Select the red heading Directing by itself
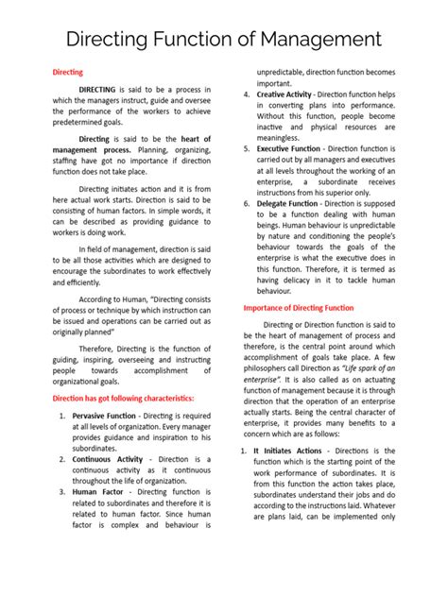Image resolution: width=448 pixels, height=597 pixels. tap(66, 72)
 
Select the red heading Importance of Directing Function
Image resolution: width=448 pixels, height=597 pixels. tap(299, 308)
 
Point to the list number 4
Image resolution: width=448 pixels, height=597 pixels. tap(248, 94)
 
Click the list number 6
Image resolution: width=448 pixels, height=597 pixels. tap(248, 204)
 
